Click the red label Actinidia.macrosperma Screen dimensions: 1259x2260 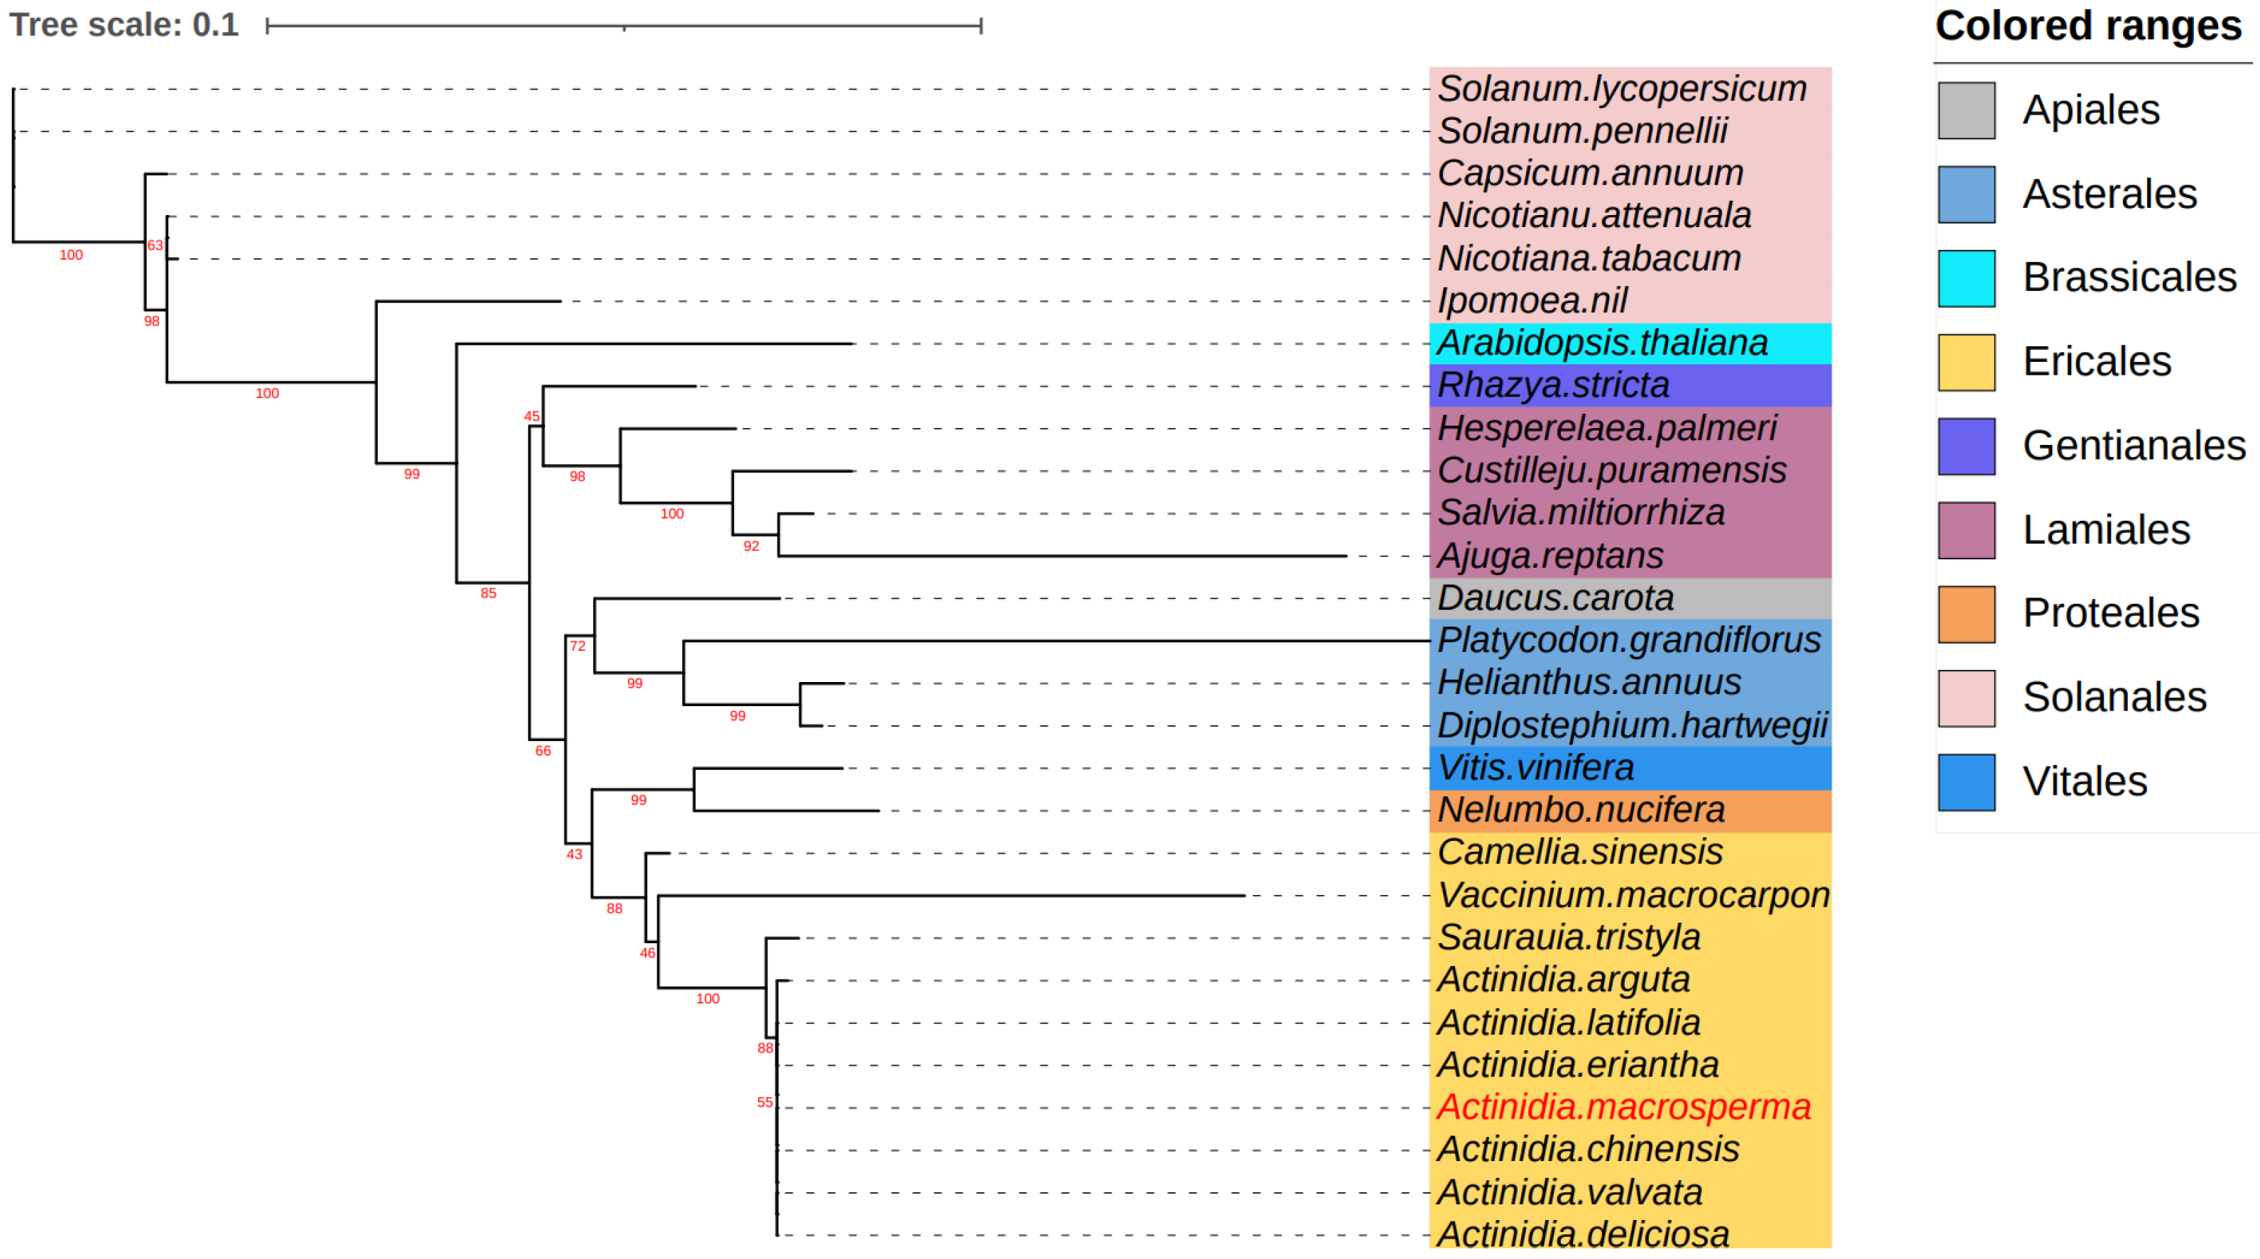(x=1623, y=1106)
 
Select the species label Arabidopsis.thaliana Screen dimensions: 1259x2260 (x=1602, y=343)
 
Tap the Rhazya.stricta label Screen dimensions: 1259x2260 (x=1553, y=385)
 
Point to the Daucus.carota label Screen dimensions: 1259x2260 (x=1555, y=598)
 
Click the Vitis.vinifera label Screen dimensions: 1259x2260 (x=1535, y=768)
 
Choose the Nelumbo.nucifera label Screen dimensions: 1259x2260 (x=1581, y=810)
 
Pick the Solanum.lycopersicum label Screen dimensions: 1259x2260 (x=1622, y=89)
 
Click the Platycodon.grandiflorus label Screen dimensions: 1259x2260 (x=1628, y=640)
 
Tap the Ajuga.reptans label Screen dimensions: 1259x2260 (x=1550, y=556)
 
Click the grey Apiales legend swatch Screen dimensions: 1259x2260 (x=1966, y=111)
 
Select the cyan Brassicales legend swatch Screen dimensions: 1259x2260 (x=1966, y=278)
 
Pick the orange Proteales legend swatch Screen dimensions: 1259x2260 (x=1966, y=614)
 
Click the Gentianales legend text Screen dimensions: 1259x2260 (x=2134, y=446)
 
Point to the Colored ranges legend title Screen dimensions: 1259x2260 (x=2088, y=26)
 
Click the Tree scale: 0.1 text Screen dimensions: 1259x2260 (x=124, y=25)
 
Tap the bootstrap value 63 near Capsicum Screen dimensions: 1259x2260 (x=155, y=245)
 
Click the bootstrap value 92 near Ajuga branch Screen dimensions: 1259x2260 (x=751, y=546)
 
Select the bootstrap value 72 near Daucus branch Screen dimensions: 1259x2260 (x=577, y=646)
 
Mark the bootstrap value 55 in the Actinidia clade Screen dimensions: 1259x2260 (x=765, y=1102)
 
